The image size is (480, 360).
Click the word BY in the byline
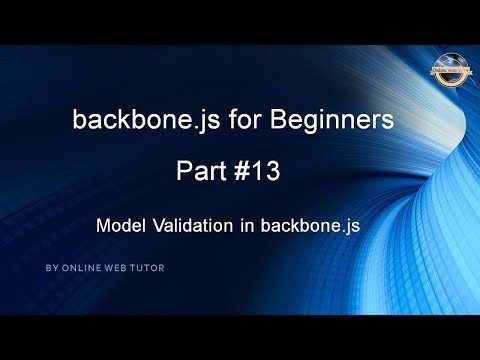point(51,269)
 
